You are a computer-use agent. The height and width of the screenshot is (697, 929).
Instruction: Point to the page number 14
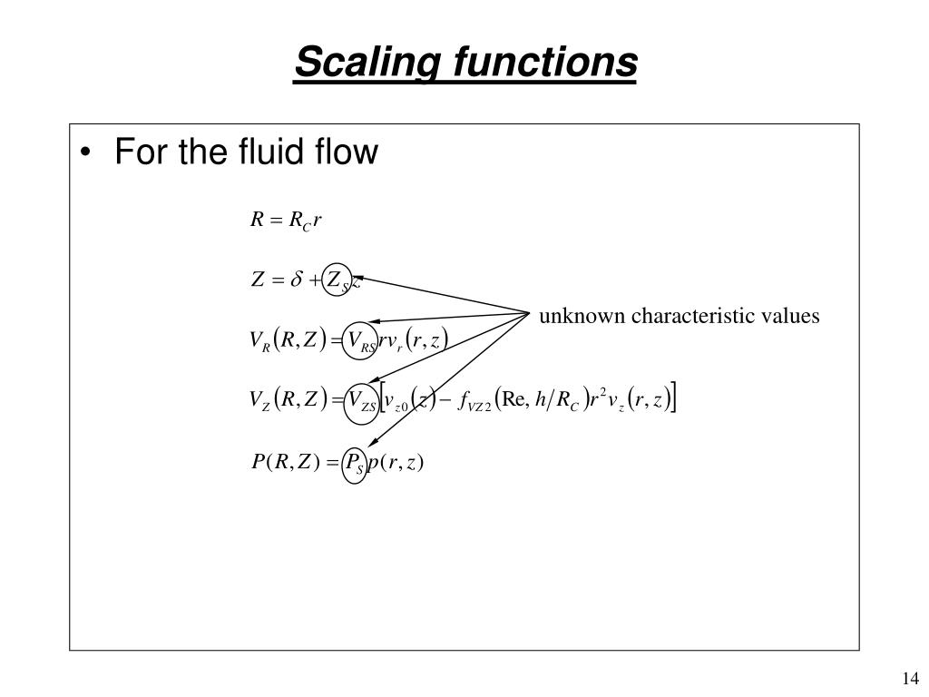click(x=911, y=679)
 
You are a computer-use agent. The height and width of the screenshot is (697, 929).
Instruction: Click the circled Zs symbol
click(x=337, y=281)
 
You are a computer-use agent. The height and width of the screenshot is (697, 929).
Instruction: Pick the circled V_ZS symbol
click(x=361, y=400)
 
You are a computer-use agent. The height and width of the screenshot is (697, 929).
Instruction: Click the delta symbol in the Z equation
click(x=296, y=281)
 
